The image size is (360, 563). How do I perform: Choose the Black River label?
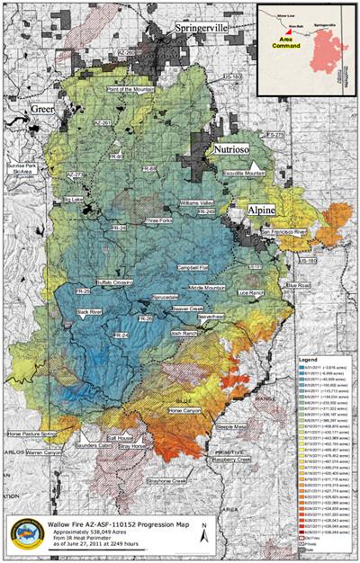point(91,311)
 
